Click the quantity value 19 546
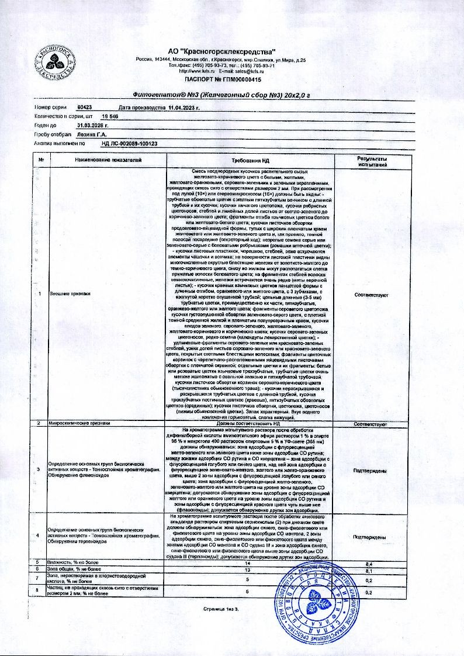point(110,116)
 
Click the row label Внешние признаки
point(64,294)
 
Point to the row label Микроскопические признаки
point(79,423)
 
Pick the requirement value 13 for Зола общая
point(248,569)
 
